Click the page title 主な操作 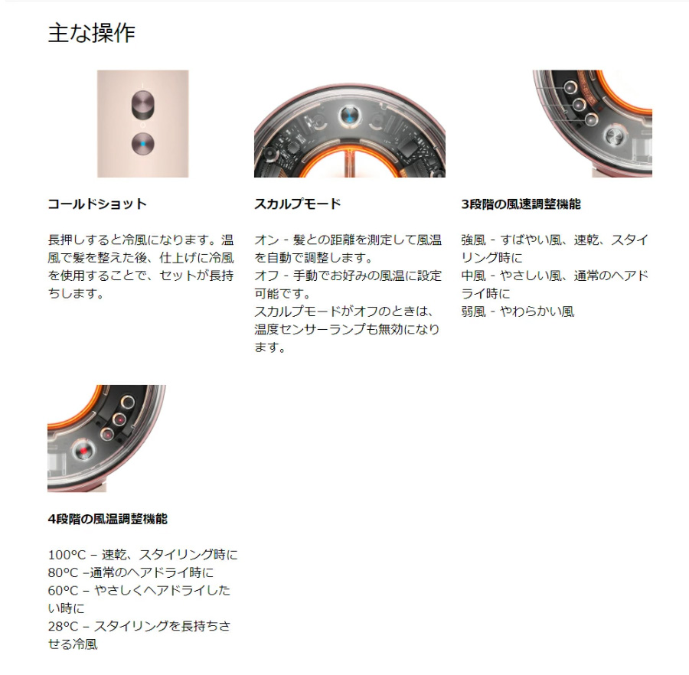point(91,34)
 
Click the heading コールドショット point(97,204)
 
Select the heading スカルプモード point(298,204)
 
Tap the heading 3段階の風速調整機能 point(521,204)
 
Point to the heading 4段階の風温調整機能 point(108,519)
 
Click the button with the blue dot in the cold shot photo point(143,144)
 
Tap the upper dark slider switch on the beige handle point(143,105)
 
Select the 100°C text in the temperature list point(67,555)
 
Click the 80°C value point(64,572)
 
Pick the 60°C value point(64,591)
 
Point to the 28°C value point(64,626)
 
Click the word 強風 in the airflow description point(473,240)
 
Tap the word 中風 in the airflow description point(473,276)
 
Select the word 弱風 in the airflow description point(473,311)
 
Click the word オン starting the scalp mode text point(266,240)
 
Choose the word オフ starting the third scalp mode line point(266,276)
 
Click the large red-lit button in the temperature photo point(83,451)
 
